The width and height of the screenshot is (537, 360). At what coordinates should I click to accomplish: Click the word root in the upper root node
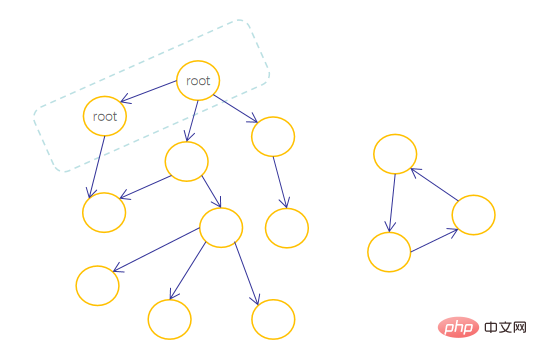198,81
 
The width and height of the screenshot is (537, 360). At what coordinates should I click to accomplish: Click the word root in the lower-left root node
105,117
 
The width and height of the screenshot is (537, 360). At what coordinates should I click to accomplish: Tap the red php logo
458,327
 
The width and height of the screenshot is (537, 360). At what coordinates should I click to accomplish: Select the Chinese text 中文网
505,327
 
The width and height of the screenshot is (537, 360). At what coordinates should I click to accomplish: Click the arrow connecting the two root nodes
149,91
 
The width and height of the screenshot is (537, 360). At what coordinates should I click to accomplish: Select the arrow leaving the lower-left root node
97,167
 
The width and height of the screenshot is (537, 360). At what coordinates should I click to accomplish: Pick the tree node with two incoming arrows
104,212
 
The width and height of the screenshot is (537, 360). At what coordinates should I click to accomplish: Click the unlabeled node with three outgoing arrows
221,227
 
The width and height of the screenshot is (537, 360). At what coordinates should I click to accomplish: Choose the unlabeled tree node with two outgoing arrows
187,161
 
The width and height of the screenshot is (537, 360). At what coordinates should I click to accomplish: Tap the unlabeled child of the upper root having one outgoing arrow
273,137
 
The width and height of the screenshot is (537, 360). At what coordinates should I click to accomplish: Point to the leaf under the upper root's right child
287,228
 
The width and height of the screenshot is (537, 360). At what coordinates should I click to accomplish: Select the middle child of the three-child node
170,319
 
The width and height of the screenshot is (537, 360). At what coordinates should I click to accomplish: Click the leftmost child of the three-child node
98,285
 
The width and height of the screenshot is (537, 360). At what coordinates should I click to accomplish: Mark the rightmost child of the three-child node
273,319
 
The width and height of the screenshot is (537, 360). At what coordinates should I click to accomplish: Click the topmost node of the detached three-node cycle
395,154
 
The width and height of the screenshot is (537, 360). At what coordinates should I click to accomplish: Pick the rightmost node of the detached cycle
473,215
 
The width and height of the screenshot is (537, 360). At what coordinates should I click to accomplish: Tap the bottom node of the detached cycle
389,252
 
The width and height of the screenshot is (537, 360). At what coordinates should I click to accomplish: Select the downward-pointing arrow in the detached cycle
392,203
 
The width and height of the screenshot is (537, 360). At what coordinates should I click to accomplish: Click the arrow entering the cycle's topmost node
434,184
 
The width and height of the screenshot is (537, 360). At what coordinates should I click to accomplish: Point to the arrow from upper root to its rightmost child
236,109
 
